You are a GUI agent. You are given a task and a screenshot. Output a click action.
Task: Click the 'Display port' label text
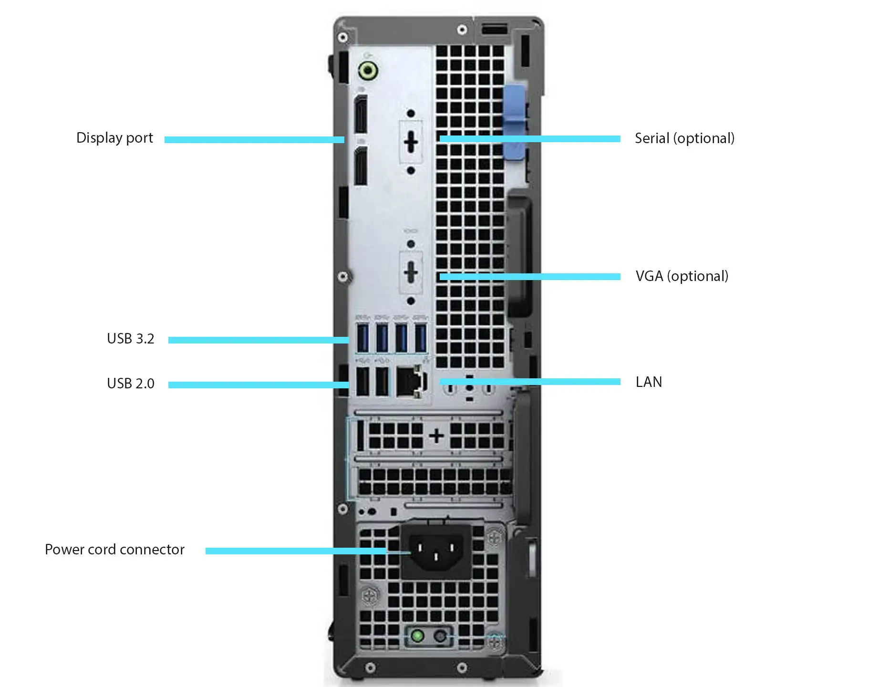(x=114, y=138)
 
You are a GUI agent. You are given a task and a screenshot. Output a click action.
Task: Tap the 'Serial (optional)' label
(x=684, y=139)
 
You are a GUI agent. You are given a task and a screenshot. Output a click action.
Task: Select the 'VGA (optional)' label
(x=682, y=277)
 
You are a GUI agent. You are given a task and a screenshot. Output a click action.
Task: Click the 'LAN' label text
(x=649, y=382)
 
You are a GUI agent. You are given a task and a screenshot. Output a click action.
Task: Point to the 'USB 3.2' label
(x=131, y=339)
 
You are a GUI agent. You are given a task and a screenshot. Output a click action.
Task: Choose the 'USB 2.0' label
(x=131, y=384)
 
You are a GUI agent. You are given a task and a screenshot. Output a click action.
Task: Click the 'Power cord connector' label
(x=114, y=550)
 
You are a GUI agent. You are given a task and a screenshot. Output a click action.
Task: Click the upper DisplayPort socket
(x=361, y=114)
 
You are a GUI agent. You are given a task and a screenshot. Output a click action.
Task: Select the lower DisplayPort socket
(x=361, y=166)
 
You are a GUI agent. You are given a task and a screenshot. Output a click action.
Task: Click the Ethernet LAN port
(x=410, y=382)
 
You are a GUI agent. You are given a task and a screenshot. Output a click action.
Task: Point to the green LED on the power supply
(x=417, y=636)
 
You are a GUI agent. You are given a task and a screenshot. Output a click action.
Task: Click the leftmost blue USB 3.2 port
(x=363, y=338)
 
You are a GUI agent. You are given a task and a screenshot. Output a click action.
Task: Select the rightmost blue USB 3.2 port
(x=421, y=338)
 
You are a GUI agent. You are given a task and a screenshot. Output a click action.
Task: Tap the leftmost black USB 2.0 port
(x=363, y=382)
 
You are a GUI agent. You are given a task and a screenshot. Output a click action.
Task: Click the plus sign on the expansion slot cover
(x=436, y=436)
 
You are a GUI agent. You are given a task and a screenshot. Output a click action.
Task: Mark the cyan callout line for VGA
(x=530, y=277)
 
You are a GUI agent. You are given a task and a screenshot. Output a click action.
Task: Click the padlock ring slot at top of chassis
(x=494, y=30)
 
